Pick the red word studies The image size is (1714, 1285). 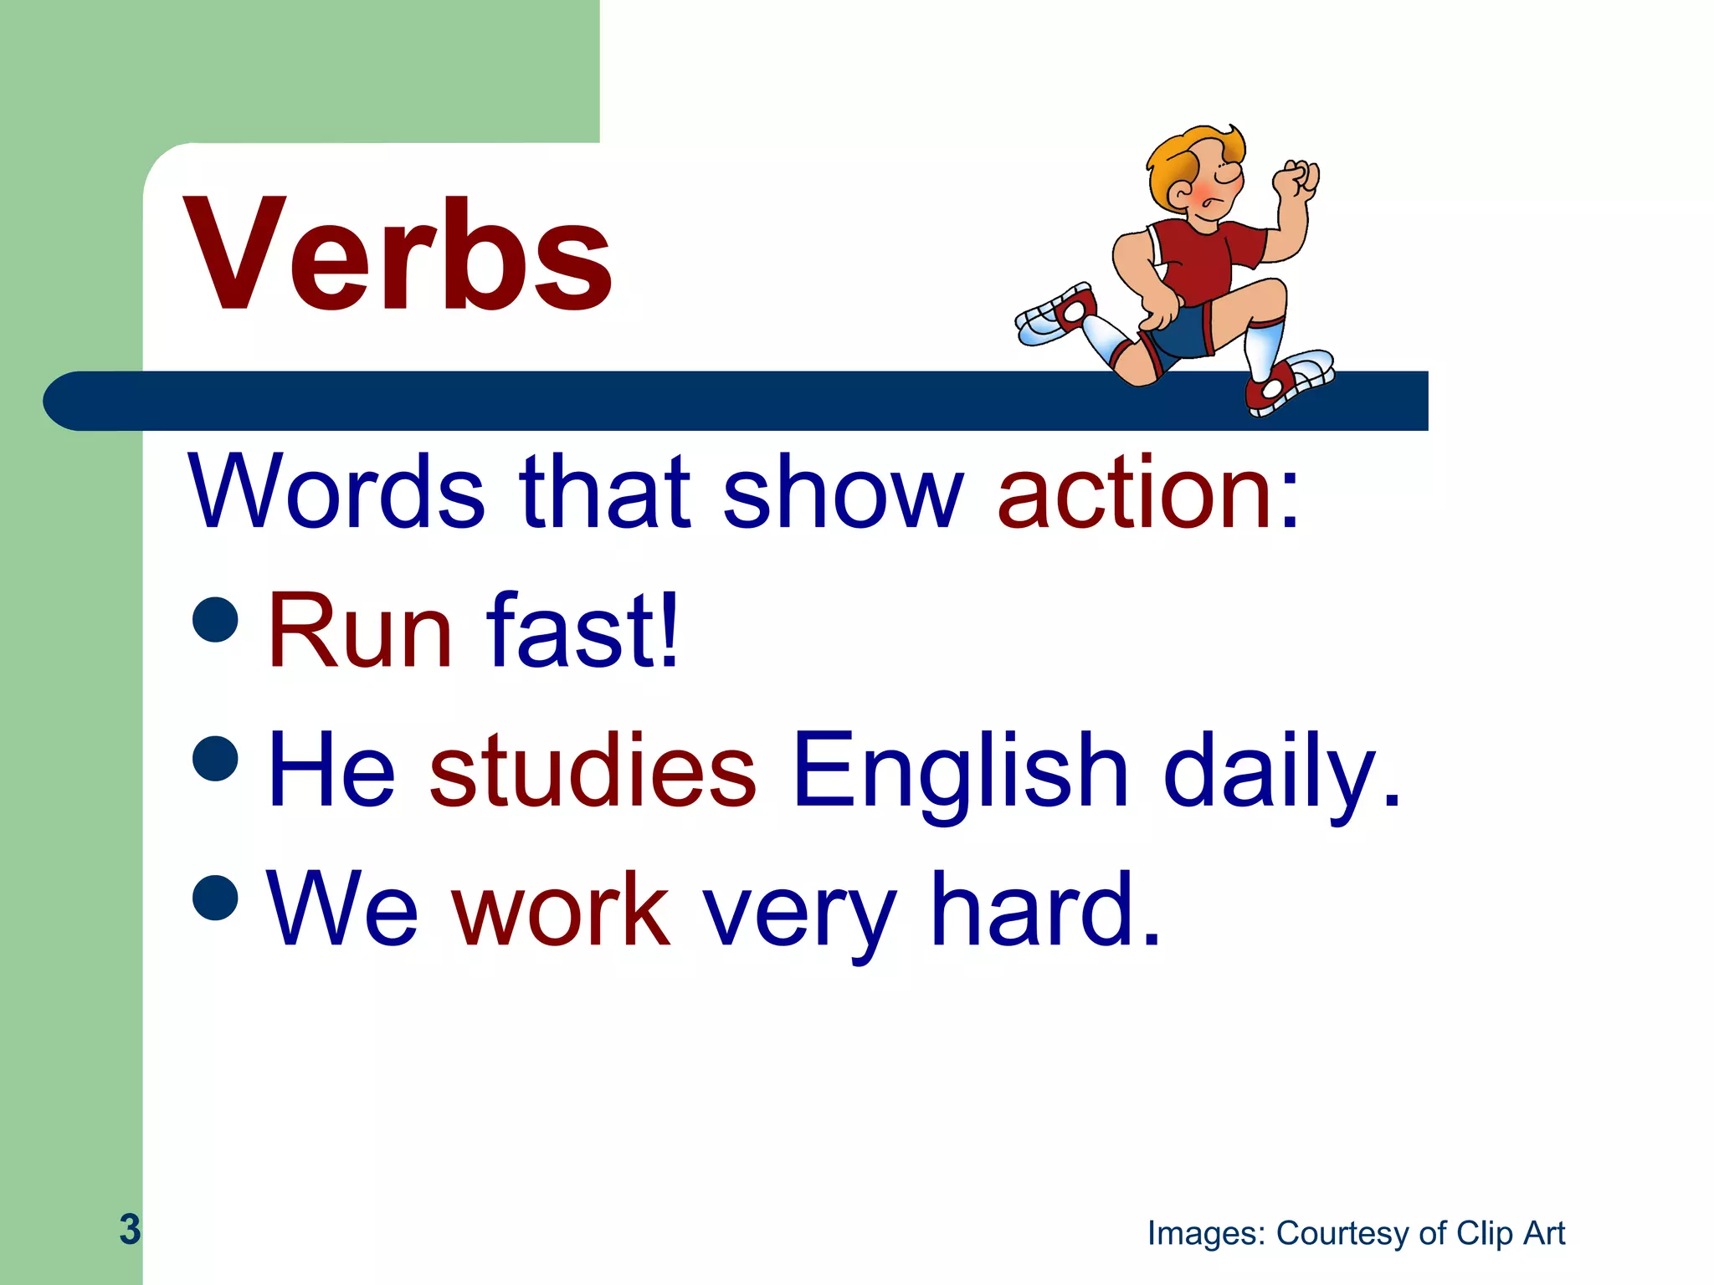pos(593,770)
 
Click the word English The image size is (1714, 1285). pos(960,770)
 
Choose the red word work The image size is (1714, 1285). pos(561,910)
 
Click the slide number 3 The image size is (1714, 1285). pos(130,1229)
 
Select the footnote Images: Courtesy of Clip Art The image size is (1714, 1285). pos(1356,1233)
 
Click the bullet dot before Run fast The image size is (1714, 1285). pos(216,619)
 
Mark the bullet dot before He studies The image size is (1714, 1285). pos(216,758)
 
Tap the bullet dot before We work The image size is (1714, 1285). pos(216,897)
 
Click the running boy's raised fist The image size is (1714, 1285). pos(1295,179)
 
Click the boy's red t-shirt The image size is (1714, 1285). pos(1205,255)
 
